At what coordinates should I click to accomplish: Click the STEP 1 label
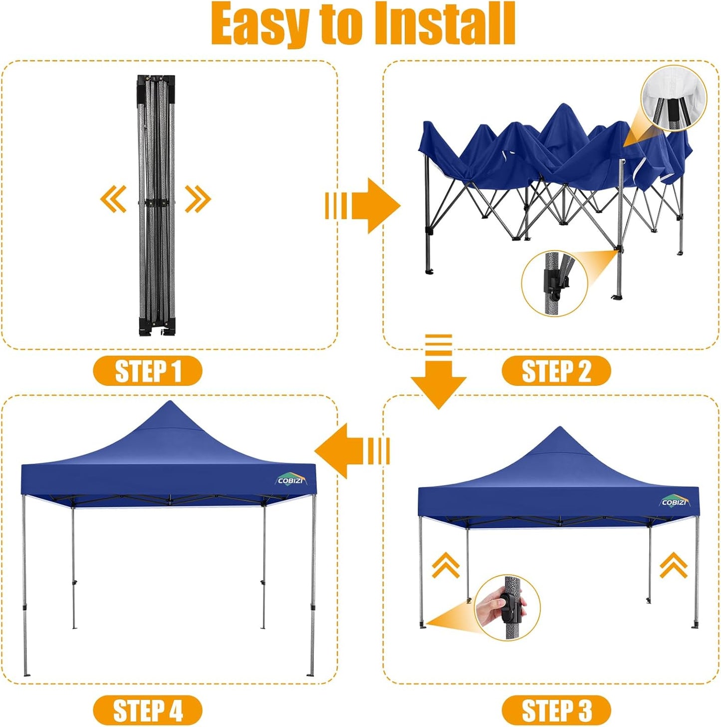click(148, 371)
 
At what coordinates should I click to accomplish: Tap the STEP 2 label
click(556, 371)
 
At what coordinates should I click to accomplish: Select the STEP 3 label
click(556, 710)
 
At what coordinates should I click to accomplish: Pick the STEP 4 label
click(148, 710)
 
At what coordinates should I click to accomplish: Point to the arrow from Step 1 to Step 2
click(363, 205)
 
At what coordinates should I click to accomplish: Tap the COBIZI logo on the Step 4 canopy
click(291, 480)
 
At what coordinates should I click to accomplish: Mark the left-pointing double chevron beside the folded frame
click(113, 199)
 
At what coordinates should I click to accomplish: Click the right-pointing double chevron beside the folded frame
click(198, 199)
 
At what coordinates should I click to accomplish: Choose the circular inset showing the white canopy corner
click(674, 99)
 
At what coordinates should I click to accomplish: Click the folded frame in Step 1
click(156, 205)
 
